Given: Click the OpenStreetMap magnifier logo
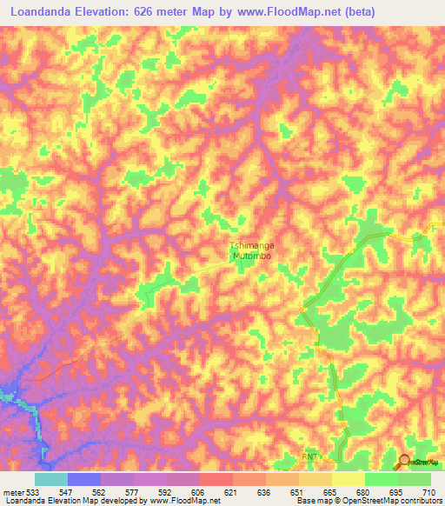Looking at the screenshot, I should (405, 461).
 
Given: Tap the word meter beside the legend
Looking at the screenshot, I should (12, 490).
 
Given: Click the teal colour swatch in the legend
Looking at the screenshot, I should (51, 478).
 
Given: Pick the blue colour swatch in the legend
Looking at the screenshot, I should (84, 478).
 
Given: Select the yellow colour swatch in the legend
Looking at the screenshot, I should (348, 478).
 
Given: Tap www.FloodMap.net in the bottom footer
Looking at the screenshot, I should (184, 501).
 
